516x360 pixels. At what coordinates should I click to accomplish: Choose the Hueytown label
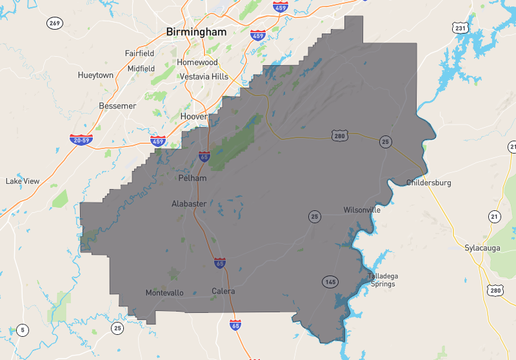[96, 75]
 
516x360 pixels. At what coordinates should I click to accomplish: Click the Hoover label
[193, 116]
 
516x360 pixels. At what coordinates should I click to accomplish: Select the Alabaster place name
[188, 203]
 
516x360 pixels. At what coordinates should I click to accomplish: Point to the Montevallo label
[165, 293]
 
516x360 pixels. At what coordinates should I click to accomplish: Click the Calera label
[223, 291]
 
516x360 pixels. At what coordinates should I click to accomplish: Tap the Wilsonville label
[362, 210]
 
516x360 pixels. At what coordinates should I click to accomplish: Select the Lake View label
[22, 181]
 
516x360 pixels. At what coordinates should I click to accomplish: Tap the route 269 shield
[54, 23]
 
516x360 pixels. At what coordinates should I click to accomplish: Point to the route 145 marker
[330, 282]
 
